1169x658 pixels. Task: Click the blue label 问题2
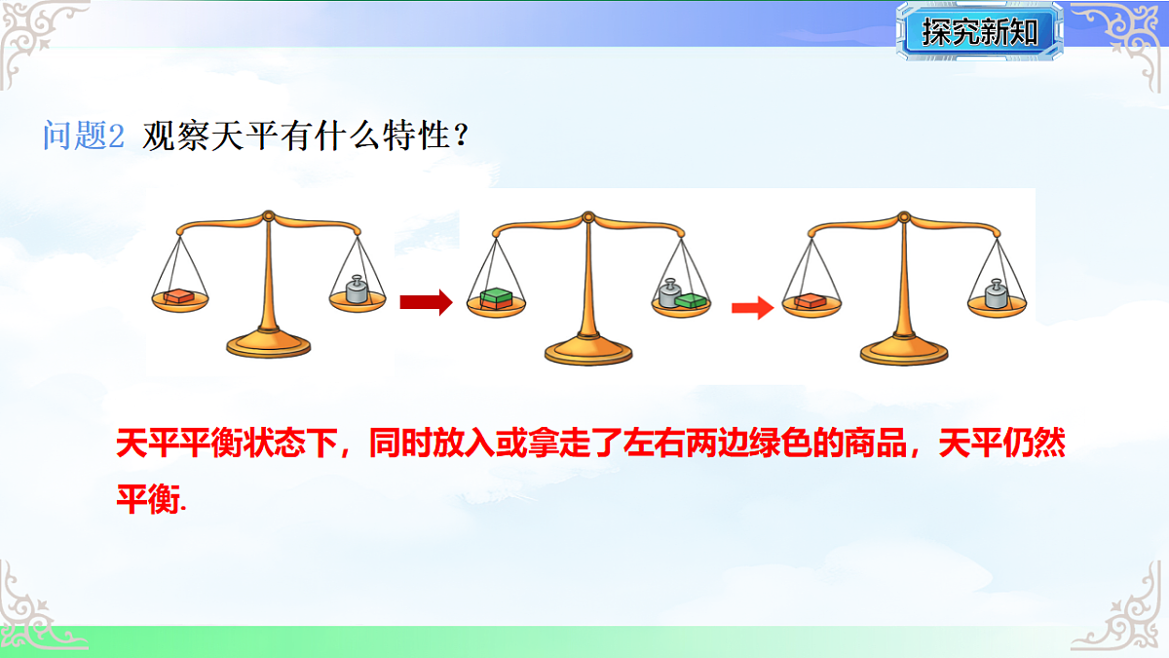tap(84, 135)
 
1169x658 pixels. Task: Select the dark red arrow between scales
tap(426, 303)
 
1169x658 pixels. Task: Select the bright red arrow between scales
tap(752, 309)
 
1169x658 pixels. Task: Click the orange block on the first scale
tap(179, 296)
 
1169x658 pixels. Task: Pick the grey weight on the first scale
tap(357, 291)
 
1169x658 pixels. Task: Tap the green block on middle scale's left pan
tap(497, 296)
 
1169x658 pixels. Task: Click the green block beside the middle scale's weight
tap(693, 300)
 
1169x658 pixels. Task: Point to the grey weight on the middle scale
tap(670, 294)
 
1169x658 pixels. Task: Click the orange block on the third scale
tap(811, 301)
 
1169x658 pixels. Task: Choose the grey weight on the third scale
tap(996, 295)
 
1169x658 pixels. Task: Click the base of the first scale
tap(268, 343)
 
